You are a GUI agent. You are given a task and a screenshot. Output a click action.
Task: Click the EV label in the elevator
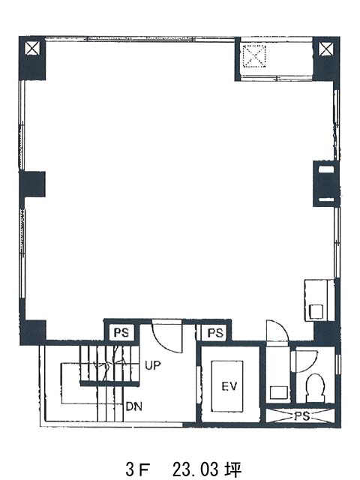coord(229,386)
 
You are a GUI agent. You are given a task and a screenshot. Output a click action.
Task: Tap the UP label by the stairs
coord(153,365)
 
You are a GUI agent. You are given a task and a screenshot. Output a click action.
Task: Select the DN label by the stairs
coord(134,406)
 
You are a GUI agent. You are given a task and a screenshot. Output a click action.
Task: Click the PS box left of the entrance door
coord(121,332)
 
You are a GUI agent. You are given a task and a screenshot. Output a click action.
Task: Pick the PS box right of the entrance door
coord(214,332)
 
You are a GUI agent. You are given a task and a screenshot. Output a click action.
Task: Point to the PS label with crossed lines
coord(301,416)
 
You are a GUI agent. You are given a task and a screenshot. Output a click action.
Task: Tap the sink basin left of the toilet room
coord(278,392)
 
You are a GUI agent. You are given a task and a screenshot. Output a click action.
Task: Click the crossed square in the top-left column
coord(32,49)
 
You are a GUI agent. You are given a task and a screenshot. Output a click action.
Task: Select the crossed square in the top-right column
coord(326,49)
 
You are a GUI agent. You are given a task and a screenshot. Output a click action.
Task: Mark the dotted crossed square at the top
coord(254,56)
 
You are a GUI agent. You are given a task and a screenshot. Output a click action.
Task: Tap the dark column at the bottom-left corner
coord(33,332)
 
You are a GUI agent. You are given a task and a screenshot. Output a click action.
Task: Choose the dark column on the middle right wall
coord(326,184)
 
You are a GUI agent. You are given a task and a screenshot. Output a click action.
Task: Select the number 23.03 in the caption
coord(195,469)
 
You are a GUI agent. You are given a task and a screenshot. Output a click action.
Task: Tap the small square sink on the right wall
coord(316,312)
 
